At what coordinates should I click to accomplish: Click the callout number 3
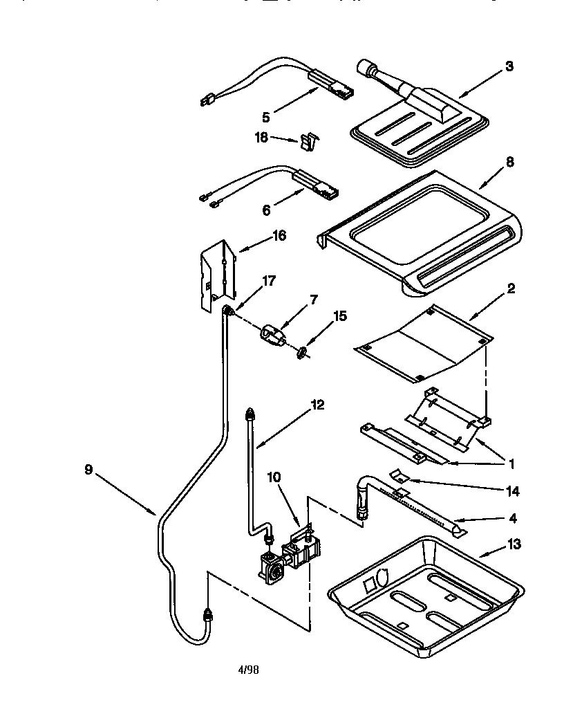(509, 67)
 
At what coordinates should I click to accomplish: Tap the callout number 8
(509, 163)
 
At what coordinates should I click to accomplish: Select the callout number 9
(88, 470)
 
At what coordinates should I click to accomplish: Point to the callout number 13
(514, 544)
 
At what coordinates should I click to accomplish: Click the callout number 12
(317, 405)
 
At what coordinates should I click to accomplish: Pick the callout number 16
(279, 236)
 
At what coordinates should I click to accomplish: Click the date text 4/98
(248, 670)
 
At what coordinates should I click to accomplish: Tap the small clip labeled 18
(305, 143)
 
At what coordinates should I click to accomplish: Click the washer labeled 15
(303, 354)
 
